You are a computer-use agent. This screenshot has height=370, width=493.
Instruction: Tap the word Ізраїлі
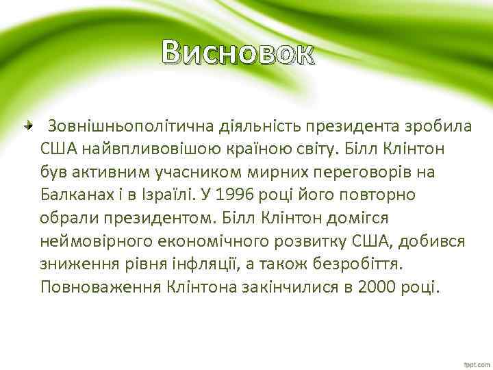click(x=164, y=194)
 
